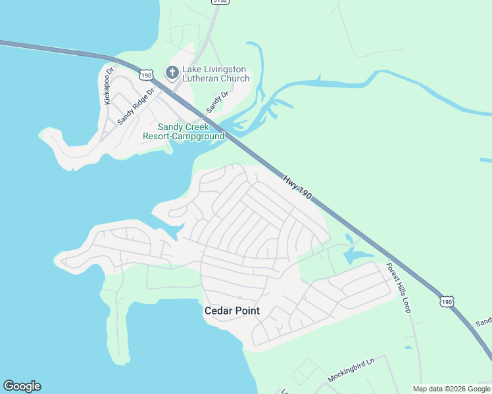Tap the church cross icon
coord(172,72)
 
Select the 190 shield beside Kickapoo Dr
coord(146,74)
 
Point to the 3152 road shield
coord(220,2)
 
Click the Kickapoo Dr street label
coord(109,85)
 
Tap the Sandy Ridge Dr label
coord(135,106)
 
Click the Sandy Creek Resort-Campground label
coord(184,131)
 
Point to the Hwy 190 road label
coord(297,188)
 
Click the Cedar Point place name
coord(232,311)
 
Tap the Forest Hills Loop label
coord(399,288)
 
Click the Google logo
coord(22,386)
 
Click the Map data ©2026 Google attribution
coord(451,389)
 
